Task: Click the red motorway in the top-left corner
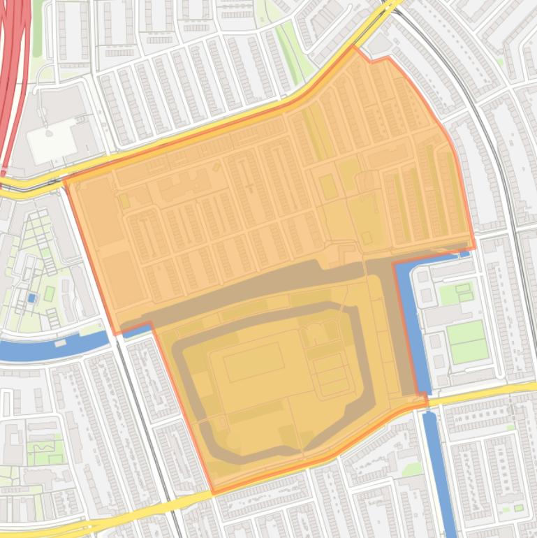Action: click(x=14, y=70)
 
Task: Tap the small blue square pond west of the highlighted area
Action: click(x=31, y=298)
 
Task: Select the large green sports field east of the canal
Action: click(x=466, y=342)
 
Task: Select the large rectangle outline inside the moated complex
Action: click(x=253, y=362)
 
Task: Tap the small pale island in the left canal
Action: click(x=60, y=343)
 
